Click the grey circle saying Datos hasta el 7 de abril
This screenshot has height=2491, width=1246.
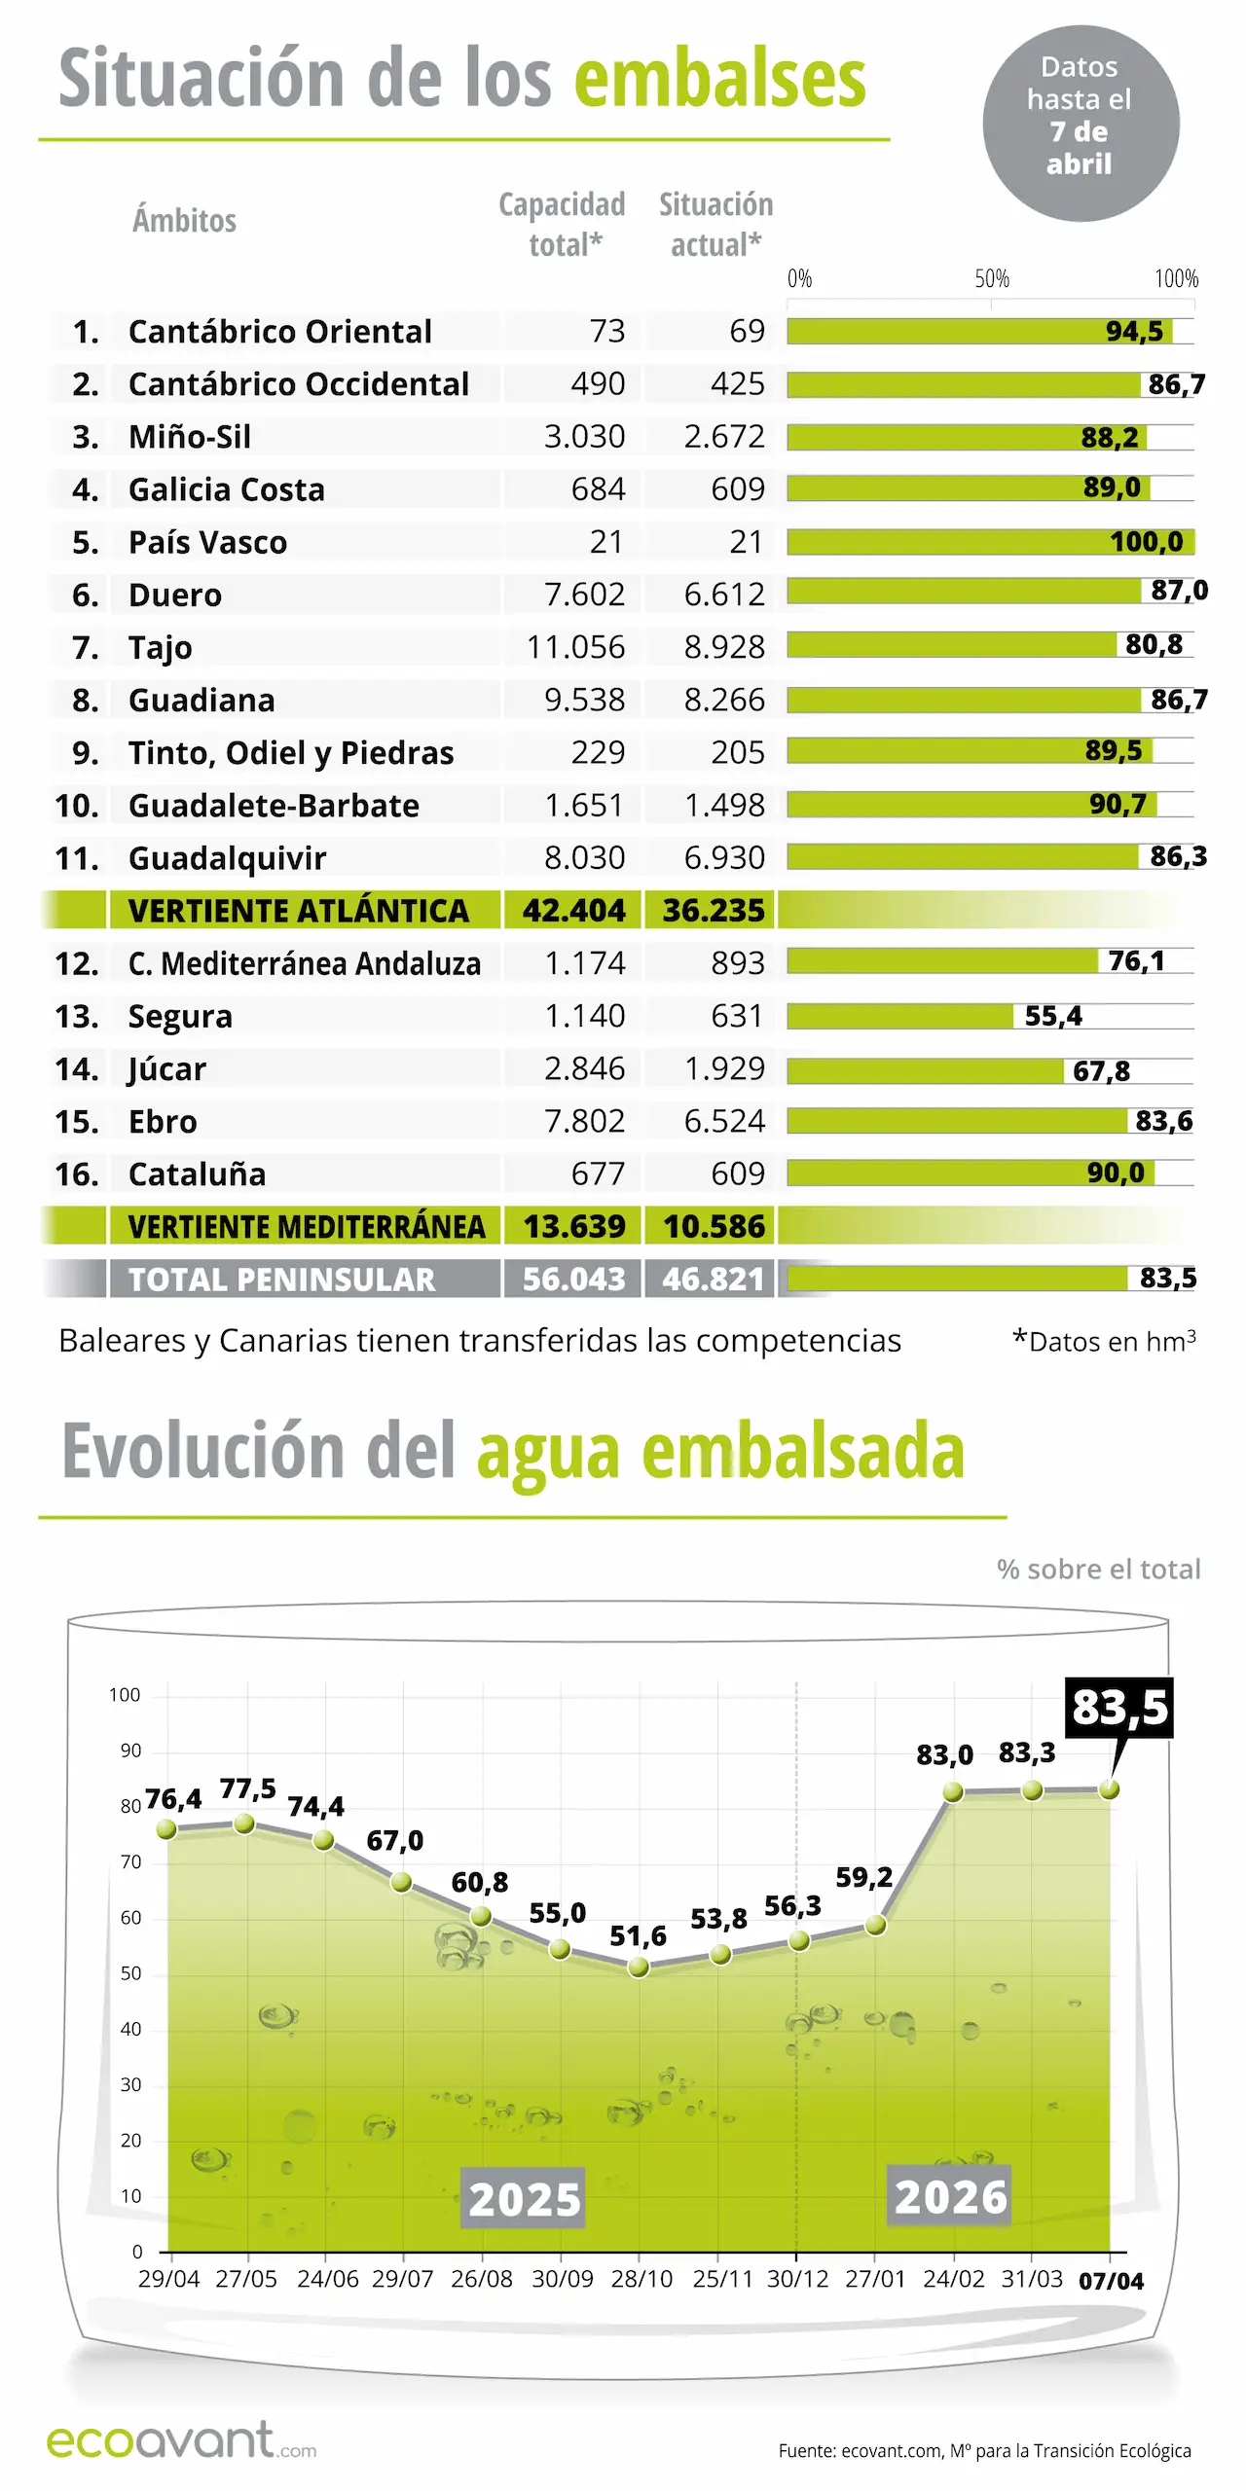[1081, 124]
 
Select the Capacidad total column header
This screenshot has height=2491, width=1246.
[563, 224]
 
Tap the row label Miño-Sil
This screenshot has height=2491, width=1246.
[190, 437]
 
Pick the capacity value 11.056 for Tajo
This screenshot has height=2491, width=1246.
[575, 647]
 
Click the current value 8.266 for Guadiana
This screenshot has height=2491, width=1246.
[724, 700]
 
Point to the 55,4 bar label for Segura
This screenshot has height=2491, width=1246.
[1053, 1017]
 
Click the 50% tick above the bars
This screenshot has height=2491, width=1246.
[992, 279]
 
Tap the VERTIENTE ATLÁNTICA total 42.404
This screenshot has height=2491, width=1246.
[573, 911]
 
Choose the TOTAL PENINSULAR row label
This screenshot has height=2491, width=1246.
[282, 1280]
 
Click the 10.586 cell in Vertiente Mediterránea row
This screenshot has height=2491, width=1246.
[714, 1227]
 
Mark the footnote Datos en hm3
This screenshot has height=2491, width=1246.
[1105, 1342]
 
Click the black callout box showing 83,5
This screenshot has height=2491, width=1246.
[1119, 1707]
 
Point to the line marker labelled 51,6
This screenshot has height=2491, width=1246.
[639, 1968]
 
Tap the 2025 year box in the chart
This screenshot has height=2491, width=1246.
[524, 2199]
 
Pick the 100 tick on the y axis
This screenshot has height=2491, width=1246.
[125, 1695]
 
